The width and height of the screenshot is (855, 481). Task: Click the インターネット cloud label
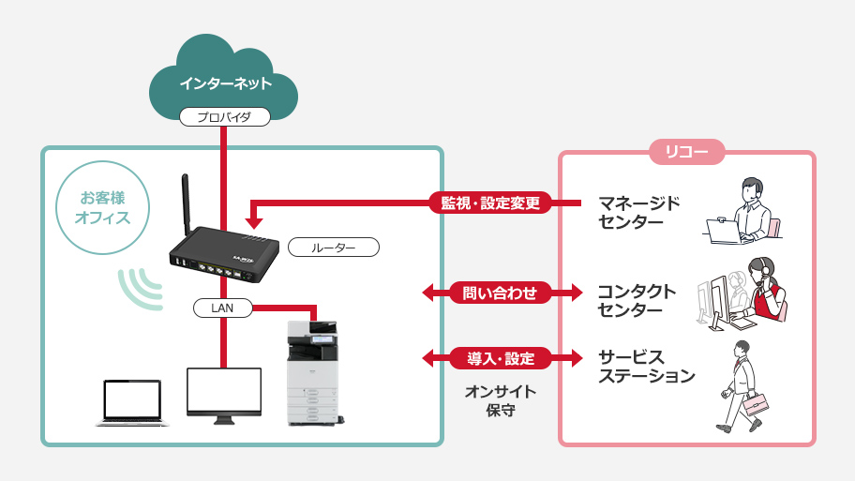point(225,83)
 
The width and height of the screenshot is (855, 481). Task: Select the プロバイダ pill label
point(225,117)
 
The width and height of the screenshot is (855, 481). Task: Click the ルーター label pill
point(333,248)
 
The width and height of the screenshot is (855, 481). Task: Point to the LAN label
point(223,307)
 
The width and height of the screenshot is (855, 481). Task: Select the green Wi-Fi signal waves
point(139,287)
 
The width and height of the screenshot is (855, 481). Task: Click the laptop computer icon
point(132,402)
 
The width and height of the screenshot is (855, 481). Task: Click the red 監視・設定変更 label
point(490,203)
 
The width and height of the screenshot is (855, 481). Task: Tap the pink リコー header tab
point(686,152)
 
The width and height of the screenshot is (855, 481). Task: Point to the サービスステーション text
point(646,367)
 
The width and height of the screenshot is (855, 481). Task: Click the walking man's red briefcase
point(757,405)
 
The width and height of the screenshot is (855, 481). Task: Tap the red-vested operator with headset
point(766,291)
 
